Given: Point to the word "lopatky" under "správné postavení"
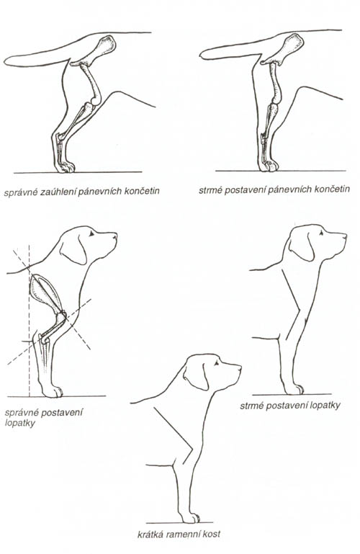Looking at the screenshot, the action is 20,423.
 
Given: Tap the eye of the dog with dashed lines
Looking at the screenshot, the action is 91,233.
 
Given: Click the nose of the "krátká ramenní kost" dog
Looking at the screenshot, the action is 240,368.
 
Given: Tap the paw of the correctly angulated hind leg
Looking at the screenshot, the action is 66,166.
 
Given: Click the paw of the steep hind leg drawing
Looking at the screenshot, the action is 269,166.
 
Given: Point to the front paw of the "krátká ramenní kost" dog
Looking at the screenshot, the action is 191,517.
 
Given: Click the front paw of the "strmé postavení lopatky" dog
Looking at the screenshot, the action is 294,389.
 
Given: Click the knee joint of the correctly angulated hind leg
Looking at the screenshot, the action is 96,100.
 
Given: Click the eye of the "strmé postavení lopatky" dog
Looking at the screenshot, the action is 321,232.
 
